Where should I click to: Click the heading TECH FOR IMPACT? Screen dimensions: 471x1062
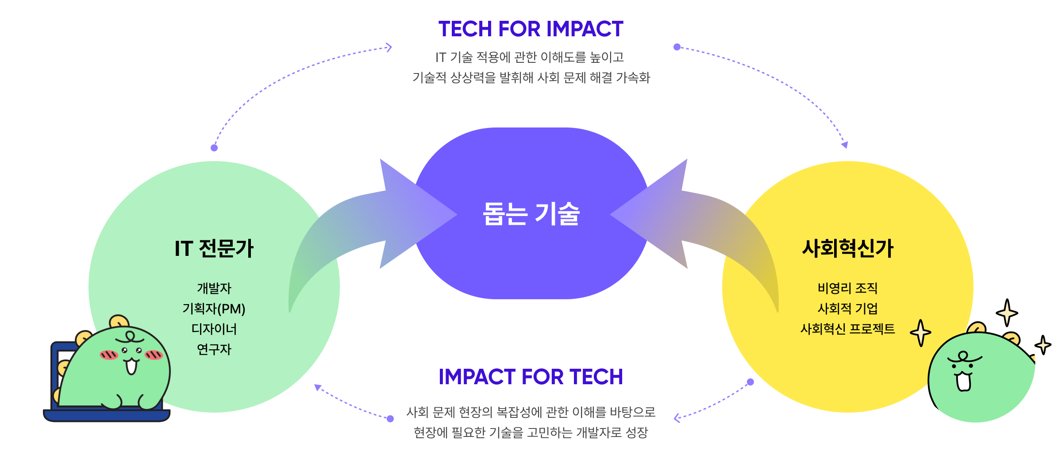point(531,29)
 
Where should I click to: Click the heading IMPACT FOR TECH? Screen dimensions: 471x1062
point(531,377)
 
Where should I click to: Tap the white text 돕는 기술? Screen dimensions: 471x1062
point(531,214)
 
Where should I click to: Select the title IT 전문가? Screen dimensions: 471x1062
point(214,248)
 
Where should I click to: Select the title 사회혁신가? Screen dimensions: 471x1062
point(847,248)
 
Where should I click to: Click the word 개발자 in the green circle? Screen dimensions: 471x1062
point(214,288)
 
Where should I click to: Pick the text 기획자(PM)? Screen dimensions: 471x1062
point(214,309)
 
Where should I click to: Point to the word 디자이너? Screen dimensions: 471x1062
point(214,329)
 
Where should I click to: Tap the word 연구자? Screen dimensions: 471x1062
point(214,349)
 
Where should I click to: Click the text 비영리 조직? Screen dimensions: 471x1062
point(847,288)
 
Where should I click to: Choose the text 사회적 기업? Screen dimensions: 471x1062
point(847,309)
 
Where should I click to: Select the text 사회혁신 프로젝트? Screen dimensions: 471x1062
point(847,329)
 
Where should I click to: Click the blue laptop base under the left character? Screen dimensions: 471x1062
point(106,415)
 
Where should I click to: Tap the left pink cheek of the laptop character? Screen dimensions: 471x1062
point(109,355)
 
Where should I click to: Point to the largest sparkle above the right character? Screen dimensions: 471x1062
point(1007,313)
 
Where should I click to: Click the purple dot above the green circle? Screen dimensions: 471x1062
point(214,148)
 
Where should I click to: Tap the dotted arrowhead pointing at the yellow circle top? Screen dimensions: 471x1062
point(845,145)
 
